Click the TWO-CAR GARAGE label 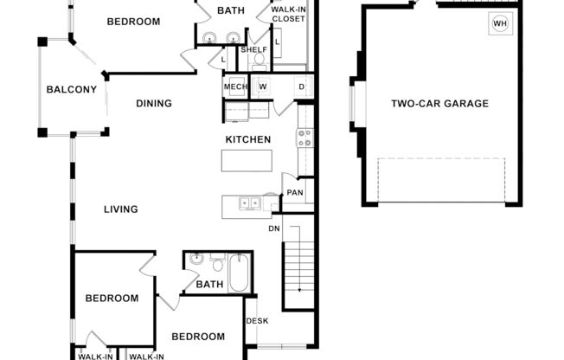pos(439,104)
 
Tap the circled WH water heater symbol pos(500,23)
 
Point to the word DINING pos(154,104)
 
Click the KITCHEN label pos(248,140)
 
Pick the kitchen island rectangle pos(247,161)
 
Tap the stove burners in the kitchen pos(304,137)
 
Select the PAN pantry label pos(295,193)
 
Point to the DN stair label pos(274,229)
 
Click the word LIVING pos(121,209)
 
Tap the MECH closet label pos(235,86)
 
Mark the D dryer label pos(302,86)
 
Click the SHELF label pos(253,50)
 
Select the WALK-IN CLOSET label pos(289,15)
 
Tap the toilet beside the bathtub pos(216,260)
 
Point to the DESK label pos(257,322)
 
